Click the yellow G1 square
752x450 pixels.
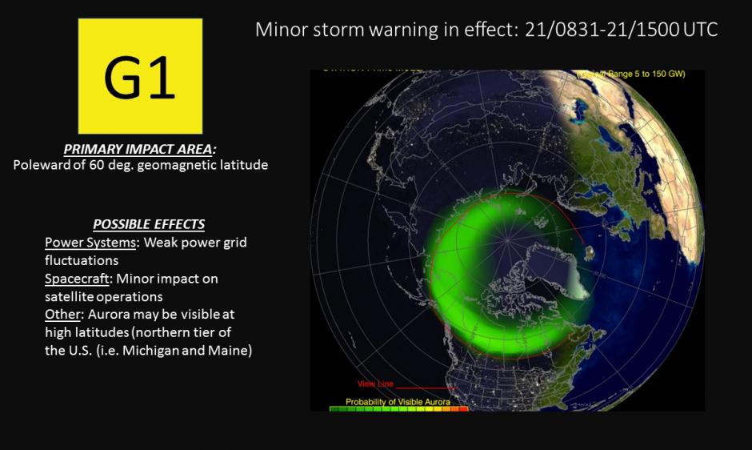pyautogui.click(x=140, y=76)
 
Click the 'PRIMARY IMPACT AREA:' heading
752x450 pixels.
pyautogui.click(x=140, y=150)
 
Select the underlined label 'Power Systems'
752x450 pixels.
pyautogui.click(x=90, y=242)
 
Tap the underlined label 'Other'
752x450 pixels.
pyautogui.click(x=62, y=315)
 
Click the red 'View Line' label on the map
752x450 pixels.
pyautogui.click(x=373, y=384)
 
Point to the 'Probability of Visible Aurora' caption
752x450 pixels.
pyautogui.click(x=398, y=401)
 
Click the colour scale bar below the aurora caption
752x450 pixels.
pyautogui.click(x=398, y=408)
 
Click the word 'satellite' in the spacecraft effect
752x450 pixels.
pyautogui.click(x=71, y=296)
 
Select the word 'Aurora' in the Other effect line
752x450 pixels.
pyautogui.click(x=110, y=315)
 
